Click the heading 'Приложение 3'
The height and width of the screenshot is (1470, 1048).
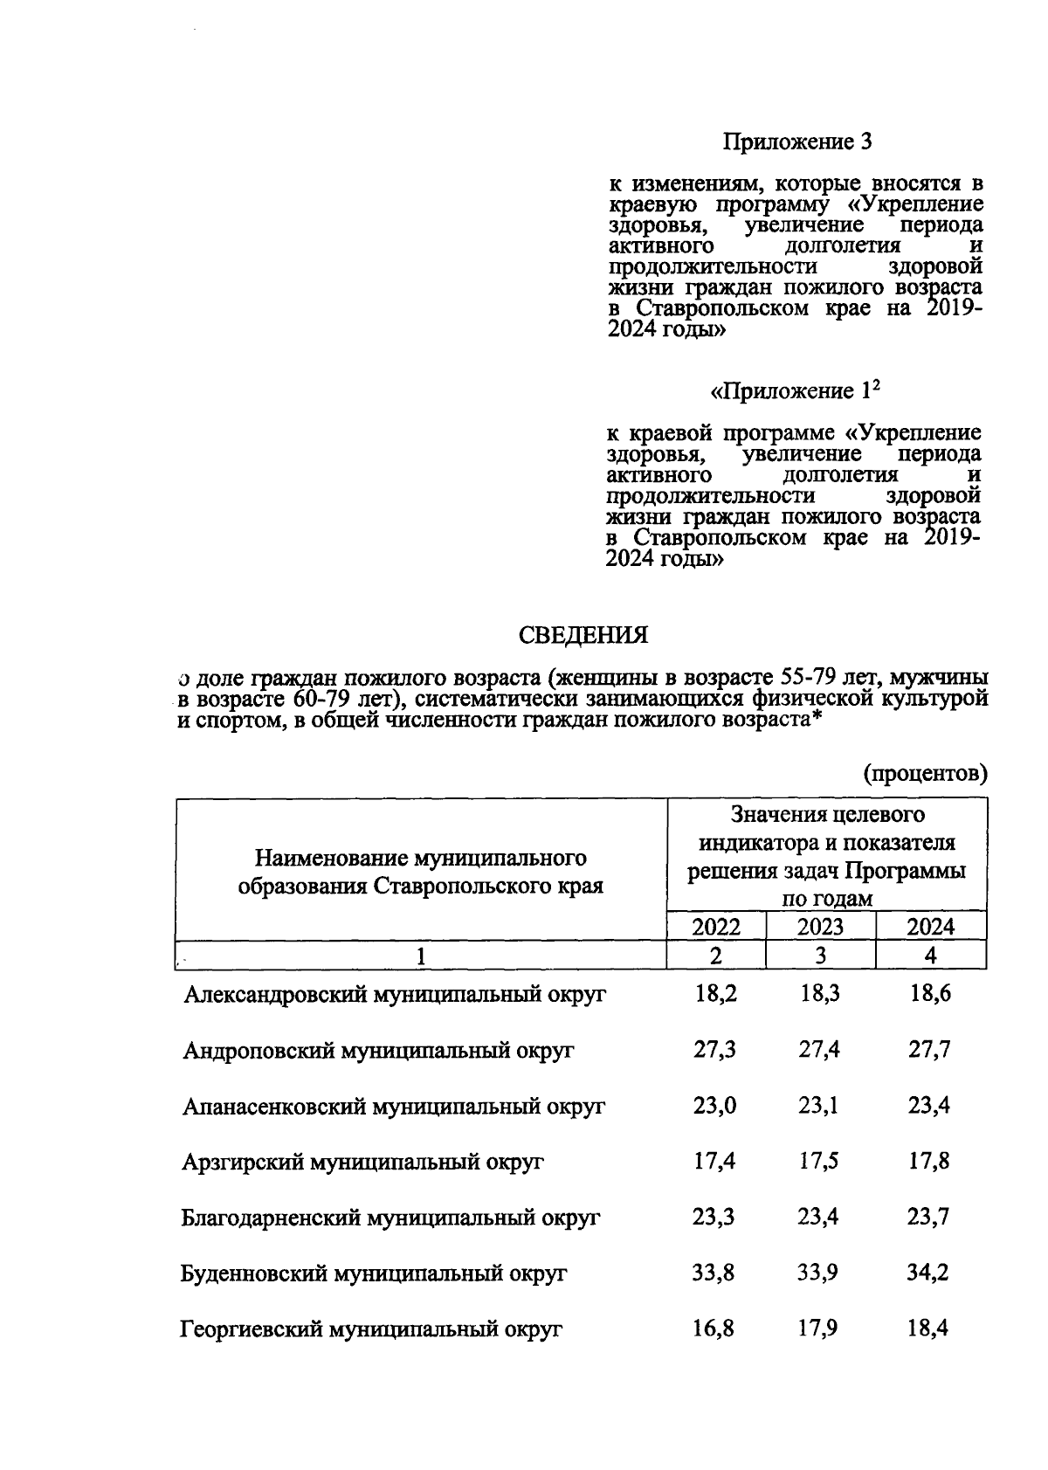point(797,141)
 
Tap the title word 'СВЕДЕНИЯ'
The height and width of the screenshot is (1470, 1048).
point(583,635)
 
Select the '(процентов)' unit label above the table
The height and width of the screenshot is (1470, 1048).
point(926,773)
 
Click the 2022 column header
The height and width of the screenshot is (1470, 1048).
point(716,927)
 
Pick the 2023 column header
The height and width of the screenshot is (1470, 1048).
point(820,927)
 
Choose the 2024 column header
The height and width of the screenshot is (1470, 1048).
point(931,927)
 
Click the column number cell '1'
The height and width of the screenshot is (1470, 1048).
point(421,956)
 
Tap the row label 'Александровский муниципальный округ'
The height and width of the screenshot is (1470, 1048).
point(395,995)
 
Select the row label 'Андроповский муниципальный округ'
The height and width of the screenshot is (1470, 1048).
point(378,1051)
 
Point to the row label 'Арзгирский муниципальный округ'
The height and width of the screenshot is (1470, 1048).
point(362,1163)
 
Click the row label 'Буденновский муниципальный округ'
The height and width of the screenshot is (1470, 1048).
point(374,1274)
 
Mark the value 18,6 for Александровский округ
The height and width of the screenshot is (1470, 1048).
point(929,994)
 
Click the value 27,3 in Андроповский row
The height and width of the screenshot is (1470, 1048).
point(714,1050)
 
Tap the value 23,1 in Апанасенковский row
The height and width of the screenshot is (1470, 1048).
point(819,1106)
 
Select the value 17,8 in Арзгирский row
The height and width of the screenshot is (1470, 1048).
point(928,1162)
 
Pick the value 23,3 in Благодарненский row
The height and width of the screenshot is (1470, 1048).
point(714,1217)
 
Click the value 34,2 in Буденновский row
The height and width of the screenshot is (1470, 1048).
point(928,1273)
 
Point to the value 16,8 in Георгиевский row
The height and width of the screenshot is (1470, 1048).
point(714,1329)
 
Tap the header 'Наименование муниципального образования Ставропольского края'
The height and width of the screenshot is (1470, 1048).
point(421,872)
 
